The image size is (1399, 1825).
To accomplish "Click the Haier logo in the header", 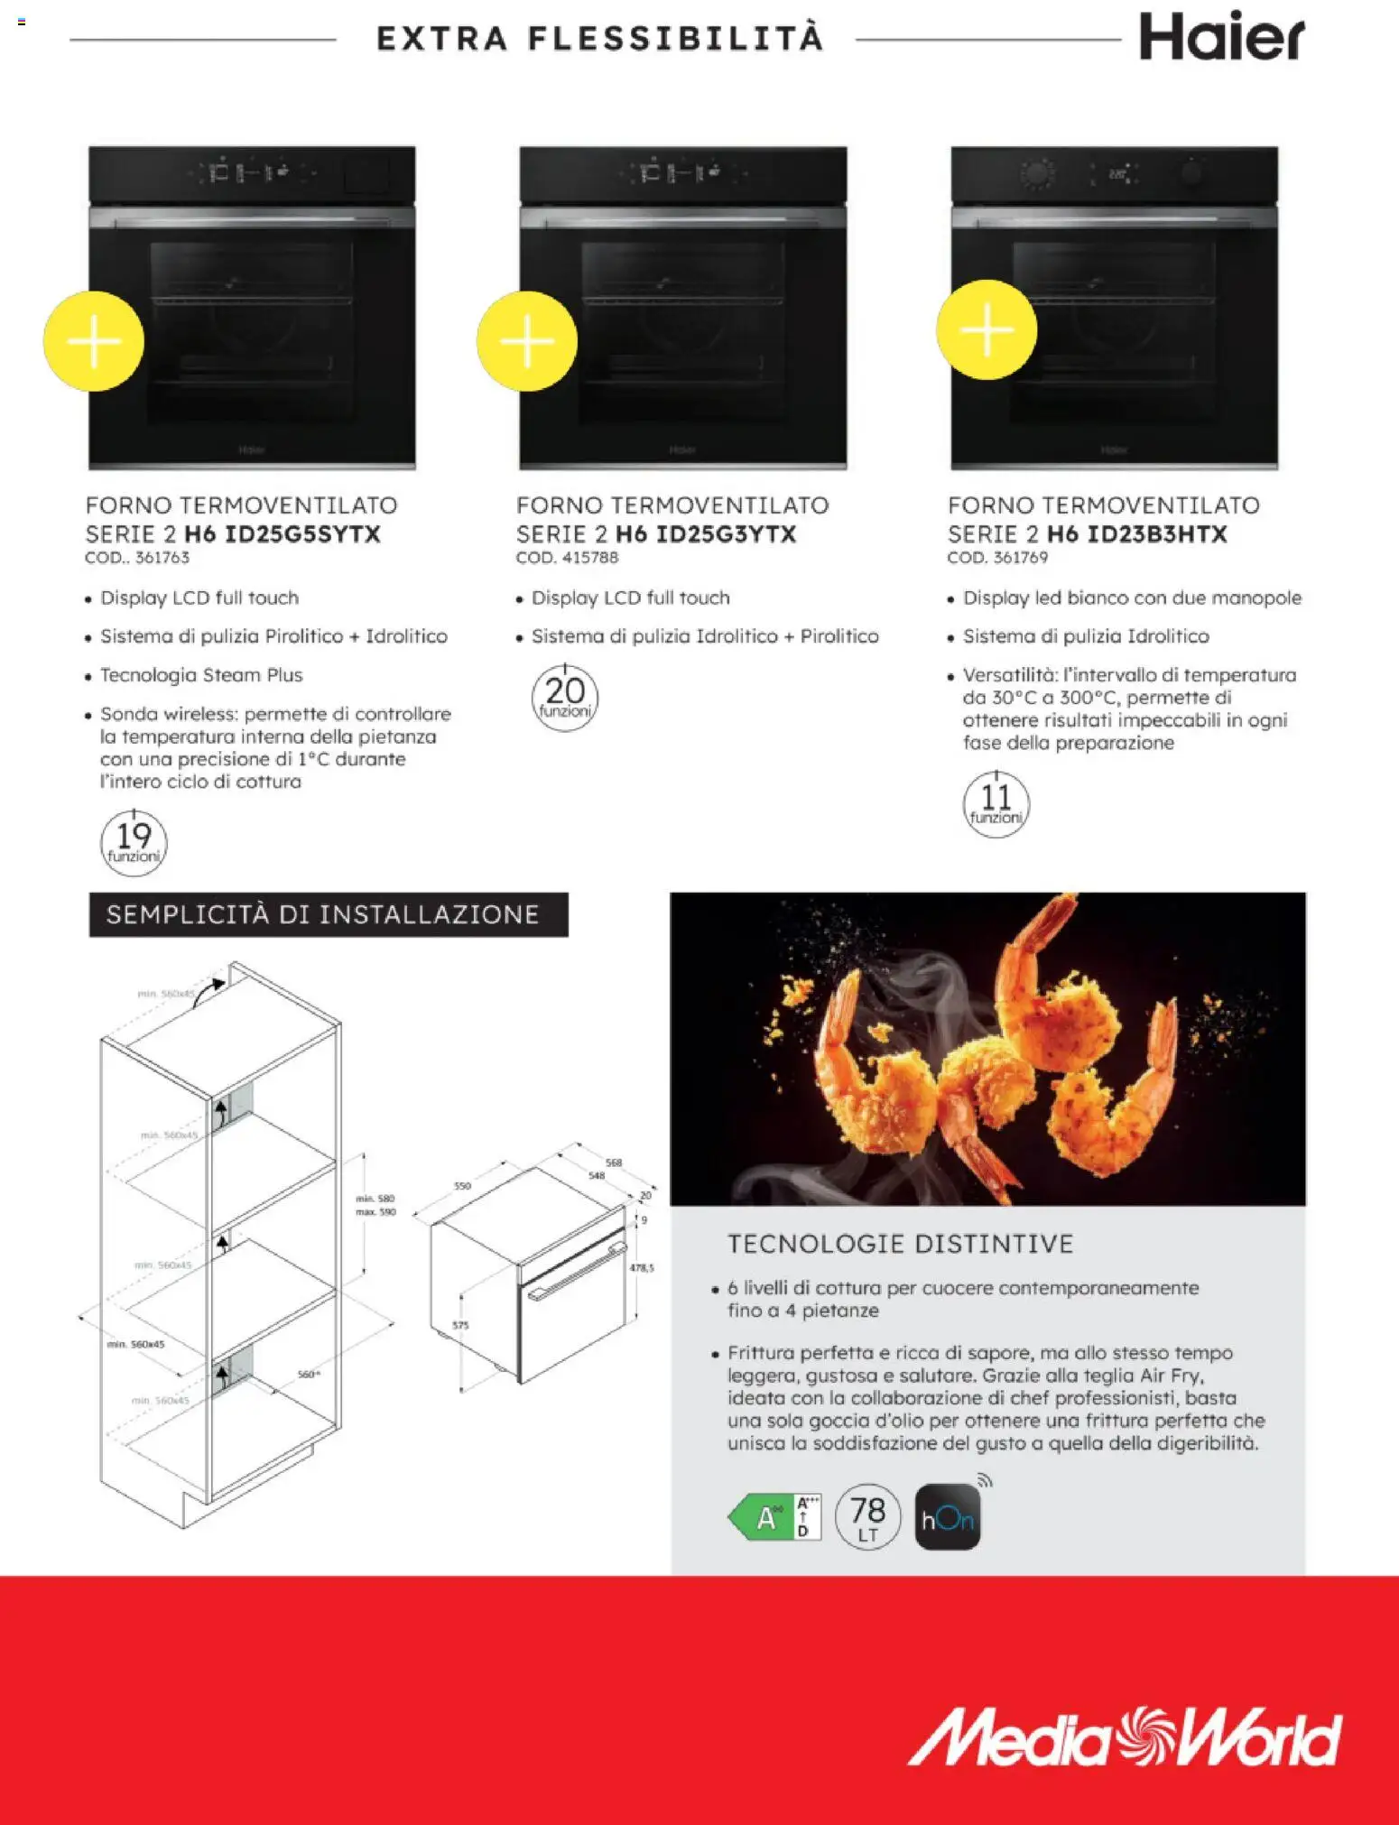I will click(x=1220, y=38).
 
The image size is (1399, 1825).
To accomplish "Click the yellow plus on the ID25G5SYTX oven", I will click(x=94, y=341).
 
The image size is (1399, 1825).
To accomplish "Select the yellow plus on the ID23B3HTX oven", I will click(x=987, y=329).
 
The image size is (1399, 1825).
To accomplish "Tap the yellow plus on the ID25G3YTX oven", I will click(x=527, y=341).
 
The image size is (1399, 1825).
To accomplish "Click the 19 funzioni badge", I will click(x=134, y=843).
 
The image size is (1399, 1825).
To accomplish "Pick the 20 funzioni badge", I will click(x=565, y=698).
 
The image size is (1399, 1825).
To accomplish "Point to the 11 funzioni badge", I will click(x=996, y=804).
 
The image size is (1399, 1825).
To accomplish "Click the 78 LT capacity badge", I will click(x=867, y=1517).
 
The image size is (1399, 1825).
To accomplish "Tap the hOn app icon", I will click(x=947, y=1519).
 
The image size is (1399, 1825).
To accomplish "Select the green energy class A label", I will click(x=774, y=1517).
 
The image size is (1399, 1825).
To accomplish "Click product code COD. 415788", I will click(x=567, y=558).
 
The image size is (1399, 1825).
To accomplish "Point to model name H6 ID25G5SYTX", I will click(x=283, y=534).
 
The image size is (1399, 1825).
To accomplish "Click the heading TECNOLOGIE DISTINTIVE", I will click(x=900, y=1244).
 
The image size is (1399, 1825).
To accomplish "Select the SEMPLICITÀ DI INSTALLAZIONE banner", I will click(x=329, y=914).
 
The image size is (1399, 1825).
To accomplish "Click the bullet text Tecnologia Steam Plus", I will click(x=201, y=675).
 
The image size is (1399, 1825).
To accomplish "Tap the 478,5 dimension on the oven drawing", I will click(x=642, y=1267).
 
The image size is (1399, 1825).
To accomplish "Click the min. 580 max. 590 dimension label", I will click(x=375, y=1205).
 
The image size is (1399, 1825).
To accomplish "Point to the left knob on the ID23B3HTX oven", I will click(x=1037, y=173).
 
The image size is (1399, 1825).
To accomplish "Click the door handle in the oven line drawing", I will click(x=578, y=1272).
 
